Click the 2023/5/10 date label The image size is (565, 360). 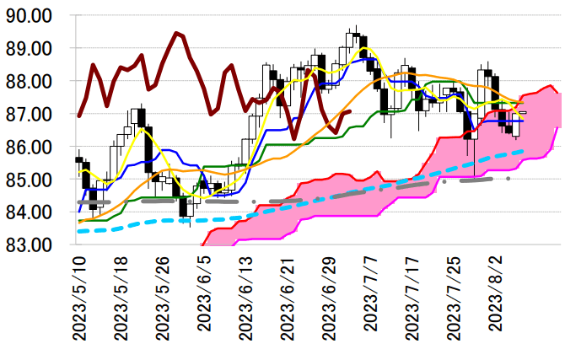81,300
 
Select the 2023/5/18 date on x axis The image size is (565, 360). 122,300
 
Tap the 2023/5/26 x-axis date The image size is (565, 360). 164,300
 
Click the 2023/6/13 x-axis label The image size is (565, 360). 247,300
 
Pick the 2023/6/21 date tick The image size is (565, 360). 288,300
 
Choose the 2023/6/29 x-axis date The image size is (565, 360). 330,300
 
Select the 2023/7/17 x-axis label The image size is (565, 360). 413,300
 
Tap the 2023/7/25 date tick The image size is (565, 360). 455,300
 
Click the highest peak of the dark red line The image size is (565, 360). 176,33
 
